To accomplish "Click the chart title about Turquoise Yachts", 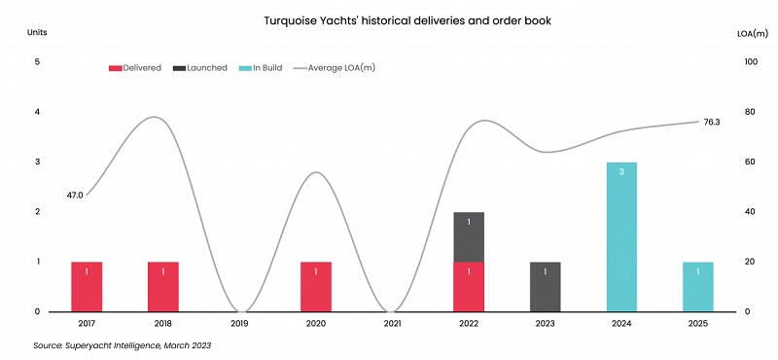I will [388, 18].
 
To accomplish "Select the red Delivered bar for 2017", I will [87, 286].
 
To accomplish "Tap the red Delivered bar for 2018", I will [162, 286].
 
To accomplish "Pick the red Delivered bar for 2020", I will [315, 286].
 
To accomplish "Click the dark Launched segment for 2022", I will [469, 236].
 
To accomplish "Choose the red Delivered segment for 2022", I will [469, 286].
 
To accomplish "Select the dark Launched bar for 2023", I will [545, 286].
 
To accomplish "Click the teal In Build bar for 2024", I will [621, 236].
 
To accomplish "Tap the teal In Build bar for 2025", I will [697, 286].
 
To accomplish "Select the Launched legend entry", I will [199, 68].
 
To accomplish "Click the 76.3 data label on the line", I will [712, 122].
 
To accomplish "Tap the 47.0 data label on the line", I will [75, 196].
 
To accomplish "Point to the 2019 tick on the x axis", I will [239, 323].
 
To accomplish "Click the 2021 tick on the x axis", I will [392, 323].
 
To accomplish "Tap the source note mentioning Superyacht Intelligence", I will [122, 345].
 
